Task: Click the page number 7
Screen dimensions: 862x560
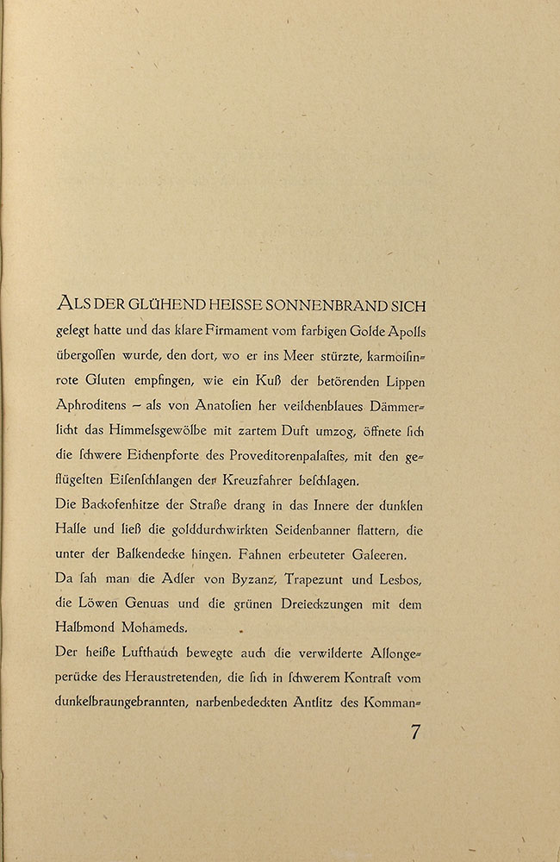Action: click(415, 734)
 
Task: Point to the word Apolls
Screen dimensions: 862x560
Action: click(401, 333)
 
